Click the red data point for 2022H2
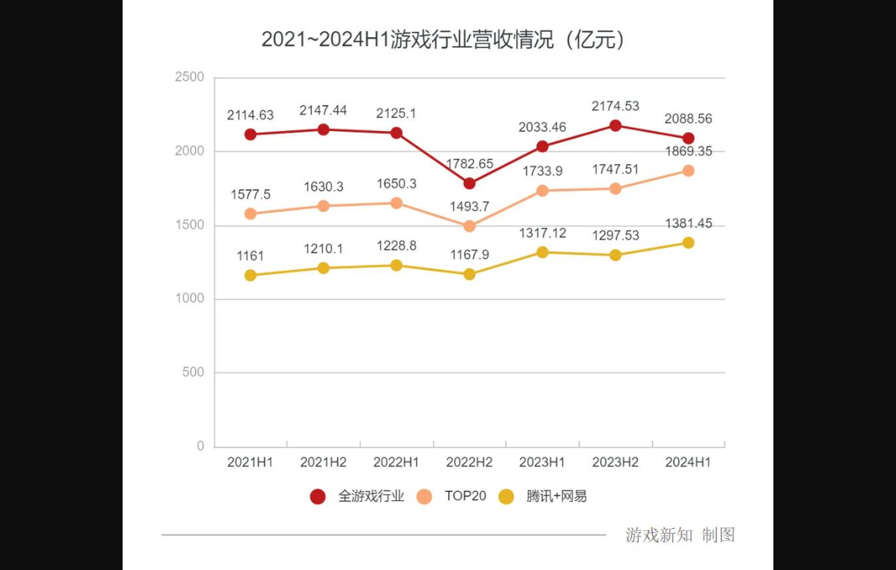469,183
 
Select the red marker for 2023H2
615,126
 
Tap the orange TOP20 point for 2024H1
689,170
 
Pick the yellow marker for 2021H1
250,276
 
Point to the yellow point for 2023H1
543,252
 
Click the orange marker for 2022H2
469,226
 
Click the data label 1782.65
469,164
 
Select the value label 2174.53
615,106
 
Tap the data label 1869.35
688,151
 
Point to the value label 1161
250,256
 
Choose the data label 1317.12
542,233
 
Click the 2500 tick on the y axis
189,77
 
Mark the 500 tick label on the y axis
194,372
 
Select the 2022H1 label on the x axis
397,463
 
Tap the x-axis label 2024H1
688,463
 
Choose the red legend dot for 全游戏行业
319,497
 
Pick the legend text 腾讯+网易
556,497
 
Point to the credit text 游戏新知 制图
680,535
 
